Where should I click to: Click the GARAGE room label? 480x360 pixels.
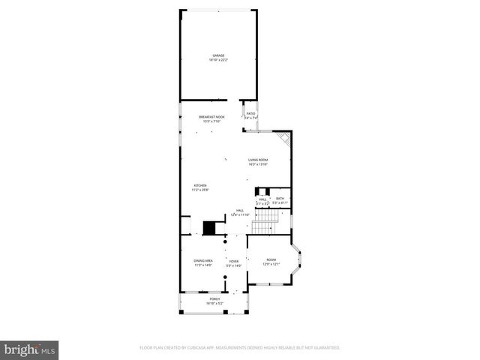point(217,55)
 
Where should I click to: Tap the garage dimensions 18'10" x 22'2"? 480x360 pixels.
point(217,60)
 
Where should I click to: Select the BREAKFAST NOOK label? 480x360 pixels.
point(212,117)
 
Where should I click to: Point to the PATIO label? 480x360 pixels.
point(251,113)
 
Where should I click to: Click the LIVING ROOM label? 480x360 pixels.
point(258,160)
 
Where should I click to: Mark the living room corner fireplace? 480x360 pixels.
point(284,140)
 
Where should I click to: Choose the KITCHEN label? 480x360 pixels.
point(200,186)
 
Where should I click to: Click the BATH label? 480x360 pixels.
point(279,198)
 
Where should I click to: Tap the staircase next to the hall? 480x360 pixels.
point(264,222)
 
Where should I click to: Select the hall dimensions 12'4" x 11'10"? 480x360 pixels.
point(239,214)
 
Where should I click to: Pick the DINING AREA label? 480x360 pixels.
point(204,260)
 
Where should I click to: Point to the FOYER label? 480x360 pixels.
point(235,261)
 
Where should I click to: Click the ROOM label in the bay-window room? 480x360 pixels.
point(271,259)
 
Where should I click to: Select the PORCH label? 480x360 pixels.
point(214,298)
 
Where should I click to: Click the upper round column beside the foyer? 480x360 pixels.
point(225,241)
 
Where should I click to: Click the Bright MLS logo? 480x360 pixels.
point(29,349)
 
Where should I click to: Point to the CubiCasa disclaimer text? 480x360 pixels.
point(240,347)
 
